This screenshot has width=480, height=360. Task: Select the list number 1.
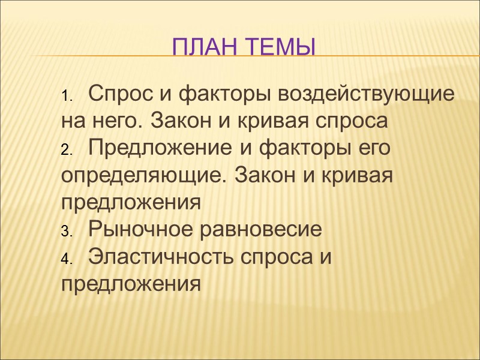(x=66, y=97)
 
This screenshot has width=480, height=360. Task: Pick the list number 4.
(x=66, y=259)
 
